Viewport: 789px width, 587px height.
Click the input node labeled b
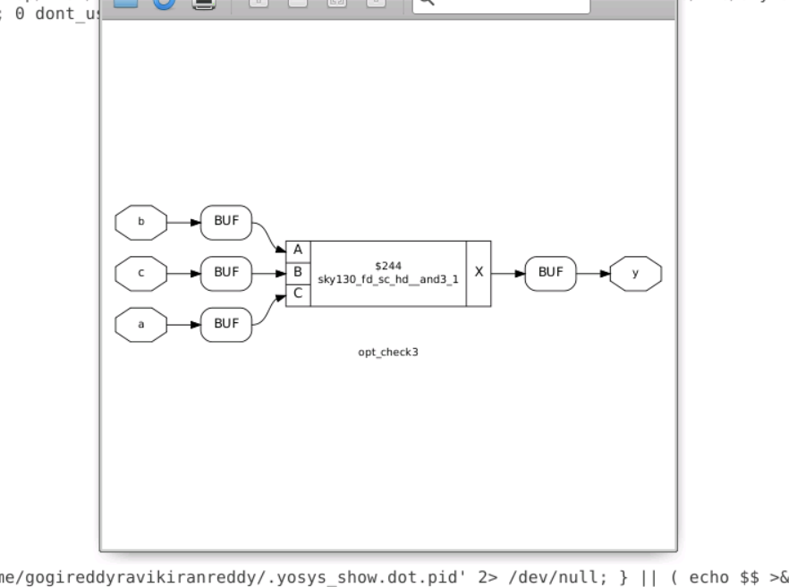pos(140,222)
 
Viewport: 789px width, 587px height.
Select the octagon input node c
pos(140,273)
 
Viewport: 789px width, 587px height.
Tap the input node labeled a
pos(140,324)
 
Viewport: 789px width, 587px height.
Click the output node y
pos(635,273)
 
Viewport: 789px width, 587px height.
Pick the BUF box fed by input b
pos(225,222)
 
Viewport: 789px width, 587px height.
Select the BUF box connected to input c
pos(225,273)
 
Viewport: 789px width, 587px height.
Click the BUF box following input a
pos(225,324)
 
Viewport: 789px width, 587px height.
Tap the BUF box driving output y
pos(550,273)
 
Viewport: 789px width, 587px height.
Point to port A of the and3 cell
pos(298,251)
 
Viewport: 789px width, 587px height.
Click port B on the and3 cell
pos(298,271)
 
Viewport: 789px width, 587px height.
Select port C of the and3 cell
pos(298,291)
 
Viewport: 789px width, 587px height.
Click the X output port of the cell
pos(479,272)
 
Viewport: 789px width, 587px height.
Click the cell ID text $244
pos(387,266)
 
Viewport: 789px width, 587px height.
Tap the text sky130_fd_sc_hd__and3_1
pos(387,279)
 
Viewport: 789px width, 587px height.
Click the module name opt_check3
pos(387,352)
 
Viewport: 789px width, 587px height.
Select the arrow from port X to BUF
pos(507,273)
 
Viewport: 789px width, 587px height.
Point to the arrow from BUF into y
pos(592,273)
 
